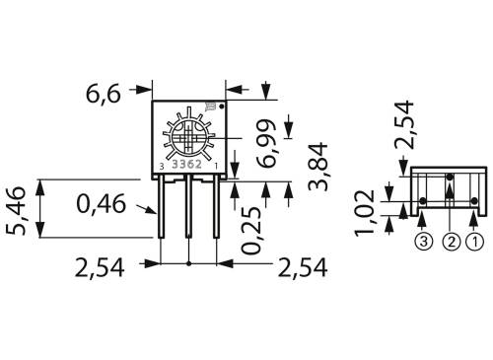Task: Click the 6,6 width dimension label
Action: [105, 95]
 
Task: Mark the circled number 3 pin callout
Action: [422, 240]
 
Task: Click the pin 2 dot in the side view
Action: [449, 179]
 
